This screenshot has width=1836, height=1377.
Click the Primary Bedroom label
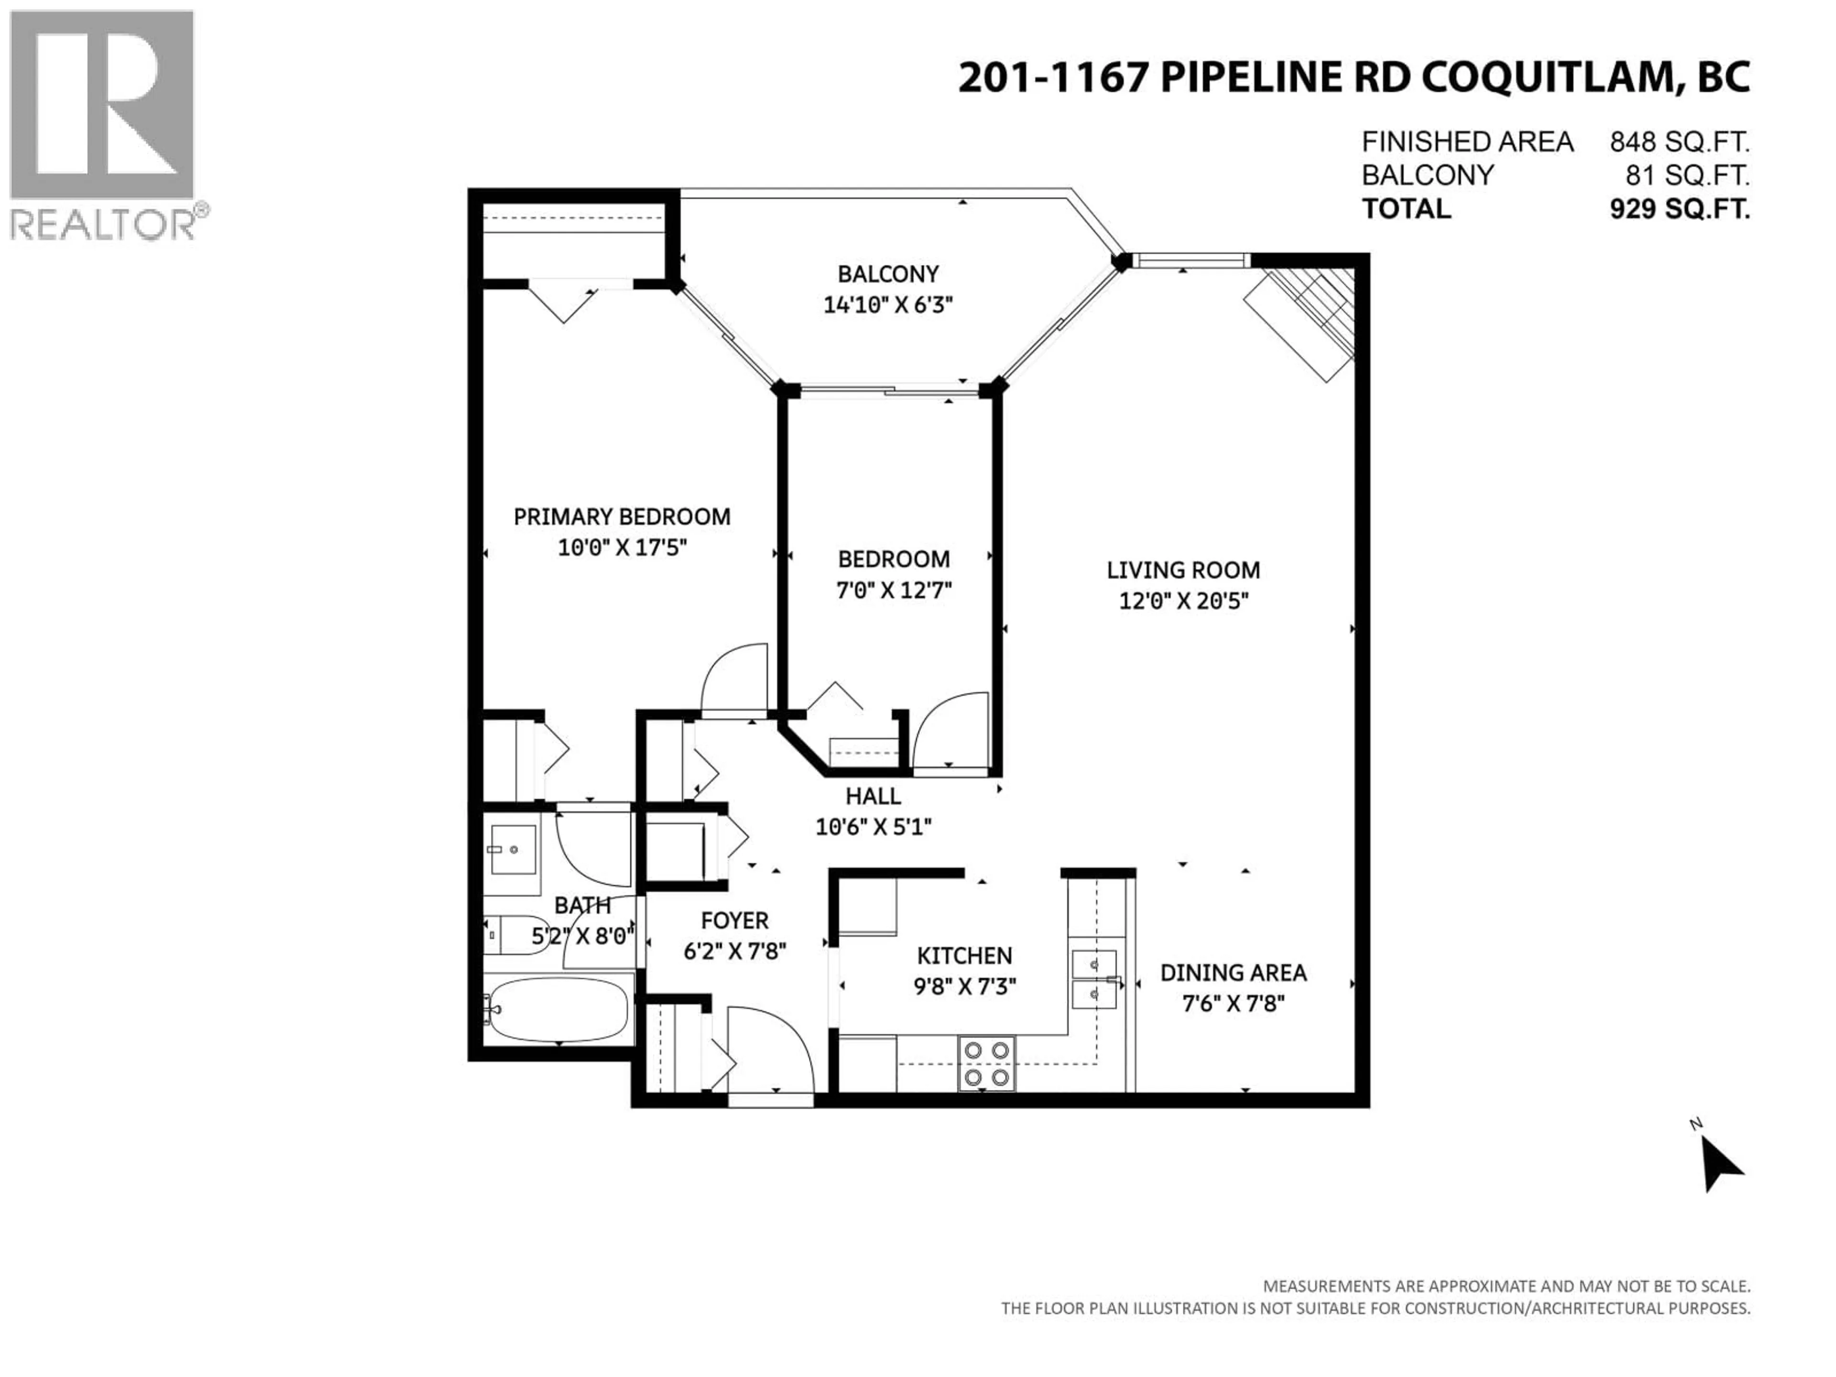point(622,517)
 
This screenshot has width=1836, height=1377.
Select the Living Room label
point(1183,570)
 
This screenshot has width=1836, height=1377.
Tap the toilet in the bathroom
point(511,935)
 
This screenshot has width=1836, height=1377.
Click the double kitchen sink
point(1094,979)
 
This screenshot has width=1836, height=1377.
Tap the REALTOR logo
point(102,124)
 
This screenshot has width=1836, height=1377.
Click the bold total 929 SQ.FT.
point(1679,209)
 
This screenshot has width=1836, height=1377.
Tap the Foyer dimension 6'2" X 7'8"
point(734,951)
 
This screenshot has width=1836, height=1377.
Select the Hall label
point(873,796)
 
